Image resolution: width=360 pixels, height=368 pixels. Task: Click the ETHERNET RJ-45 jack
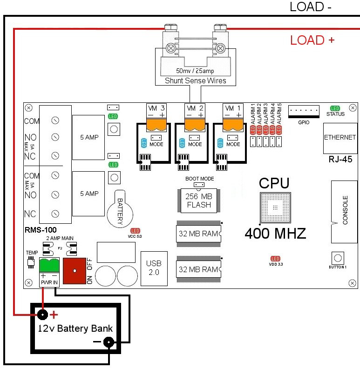click(x=340, y=138)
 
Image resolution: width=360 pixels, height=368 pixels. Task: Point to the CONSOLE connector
click(x=344, y=211)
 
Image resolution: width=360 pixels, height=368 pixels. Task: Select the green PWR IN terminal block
click(x=49, y=266)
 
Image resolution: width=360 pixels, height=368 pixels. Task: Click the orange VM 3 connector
click(x=156, y=124)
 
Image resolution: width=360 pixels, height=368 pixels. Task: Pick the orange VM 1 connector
click(x=233, y=124)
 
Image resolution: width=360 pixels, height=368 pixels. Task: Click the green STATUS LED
click(x=335, y=108)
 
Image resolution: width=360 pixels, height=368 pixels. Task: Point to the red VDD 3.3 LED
click(x=275, y=258)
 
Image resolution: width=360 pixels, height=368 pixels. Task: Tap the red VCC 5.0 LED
click(x=135, y=231)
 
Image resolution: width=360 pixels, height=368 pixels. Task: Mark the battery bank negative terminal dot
click(x=109, y=343)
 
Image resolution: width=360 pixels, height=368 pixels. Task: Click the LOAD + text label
click(x=312, y=40)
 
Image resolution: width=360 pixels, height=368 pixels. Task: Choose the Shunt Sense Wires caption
click(x=196, y=81)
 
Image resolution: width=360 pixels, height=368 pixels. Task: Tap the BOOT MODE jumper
click(x=200, y=184)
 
